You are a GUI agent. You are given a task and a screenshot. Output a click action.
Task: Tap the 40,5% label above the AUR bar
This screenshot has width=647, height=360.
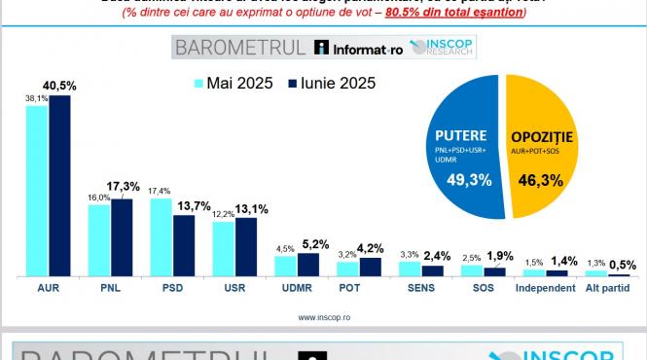60,86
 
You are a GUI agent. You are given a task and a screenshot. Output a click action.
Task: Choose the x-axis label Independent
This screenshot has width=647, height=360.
547,289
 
